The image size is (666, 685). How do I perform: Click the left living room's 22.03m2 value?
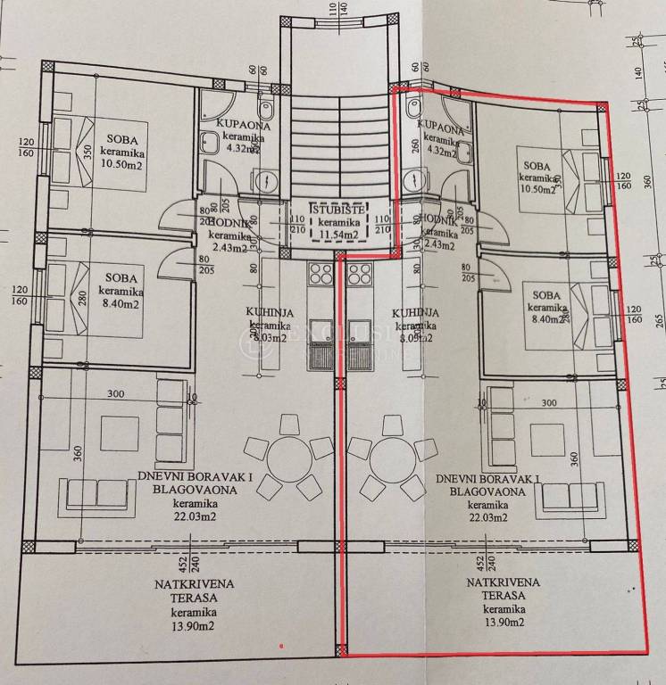(x=194, y=516)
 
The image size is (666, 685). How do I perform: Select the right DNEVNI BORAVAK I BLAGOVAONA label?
(x=490, y=484)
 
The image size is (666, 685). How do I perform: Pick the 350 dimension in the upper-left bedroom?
(x=87, y=152)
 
